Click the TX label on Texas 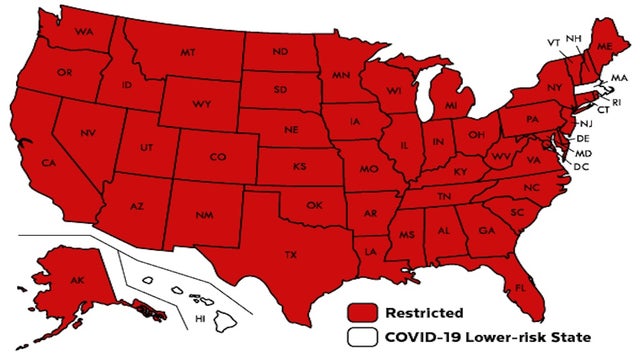[x=291, y=255]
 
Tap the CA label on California [x=47, y=163]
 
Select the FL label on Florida [x=520, y=288]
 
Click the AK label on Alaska [x=77, y=282]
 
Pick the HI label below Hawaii [x=200, y=319]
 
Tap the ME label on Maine [x=602, y=47]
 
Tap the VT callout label [x=553, y=43]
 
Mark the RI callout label [x=616, y=101]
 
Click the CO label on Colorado [x=217, y=157]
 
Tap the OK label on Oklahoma [x=314, y=206]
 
